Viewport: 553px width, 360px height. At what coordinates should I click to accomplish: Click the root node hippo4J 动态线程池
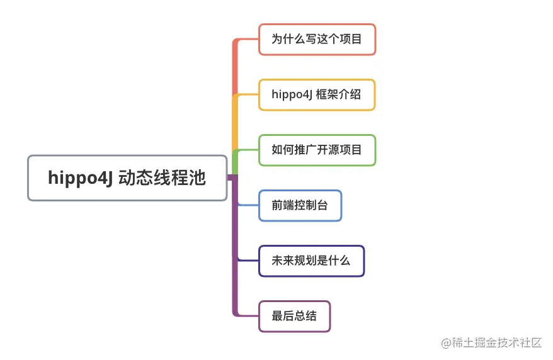tap(127, 178)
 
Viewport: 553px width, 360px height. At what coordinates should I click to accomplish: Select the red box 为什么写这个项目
tap(317, 39)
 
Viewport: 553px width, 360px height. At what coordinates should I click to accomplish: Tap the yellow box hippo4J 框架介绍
tap(317, 95)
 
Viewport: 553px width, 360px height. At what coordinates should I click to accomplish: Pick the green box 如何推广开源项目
tap(317, 150)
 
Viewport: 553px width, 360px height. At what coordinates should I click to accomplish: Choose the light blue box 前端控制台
tap(300, 206)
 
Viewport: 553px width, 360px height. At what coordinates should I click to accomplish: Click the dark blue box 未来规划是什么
tap(311, 261)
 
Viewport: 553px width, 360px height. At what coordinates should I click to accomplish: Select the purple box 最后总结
tap(295, 317)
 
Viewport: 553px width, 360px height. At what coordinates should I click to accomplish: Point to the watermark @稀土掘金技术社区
tap(491, 342)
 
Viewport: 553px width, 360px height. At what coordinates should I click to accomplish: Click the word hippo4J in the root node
tap(80, 178)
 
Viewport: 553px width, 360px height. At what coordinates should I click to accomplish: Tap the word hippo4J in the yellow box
tap(292, 95)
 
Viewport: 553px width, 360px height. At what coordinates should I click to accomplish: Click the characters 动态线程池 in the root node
tap(162, 177)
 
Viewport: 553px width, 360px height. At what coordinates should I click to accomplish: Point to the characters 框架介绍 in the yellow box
tap(338, 94)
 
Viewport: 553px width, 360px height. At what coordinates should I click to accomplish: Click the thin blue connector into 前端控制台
tap(248, 205)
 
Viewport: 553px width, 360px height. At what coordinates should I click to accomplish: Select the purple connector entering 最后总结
tap(235, 247)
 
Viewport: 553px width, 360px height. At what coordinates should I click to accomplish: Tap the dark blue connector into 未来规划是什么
tap(248, 261)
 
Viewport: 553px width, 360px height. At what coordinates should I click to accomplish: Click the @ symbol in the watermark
tap(446, 343)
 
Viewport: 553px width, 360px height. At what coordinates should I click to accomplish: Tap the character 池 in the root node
tap(197, 177)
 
